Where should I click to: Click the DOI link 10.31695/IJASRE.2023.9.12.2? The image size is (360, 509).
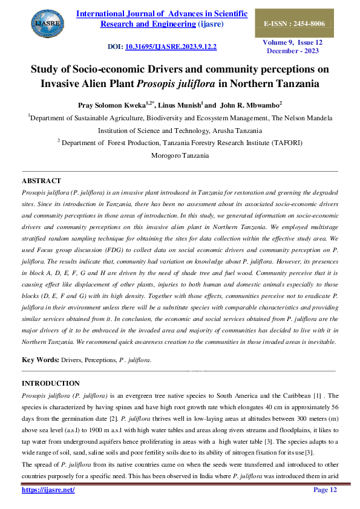click(171, 46)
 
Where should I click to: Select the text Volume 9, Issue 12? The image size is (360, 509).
click(293, 42)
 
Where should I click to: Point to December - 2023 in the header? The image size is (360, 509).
click(293, 51)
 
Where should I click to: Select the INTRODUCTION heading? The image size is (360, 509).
click(51, 383)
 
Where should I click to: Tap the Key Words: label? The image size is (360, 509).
click(40, 360)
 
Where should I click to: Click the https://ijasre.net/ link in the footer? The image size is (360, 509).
click(48, 490)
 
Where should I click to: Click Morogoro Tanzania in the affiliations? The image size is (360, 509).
click(180, 155)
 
